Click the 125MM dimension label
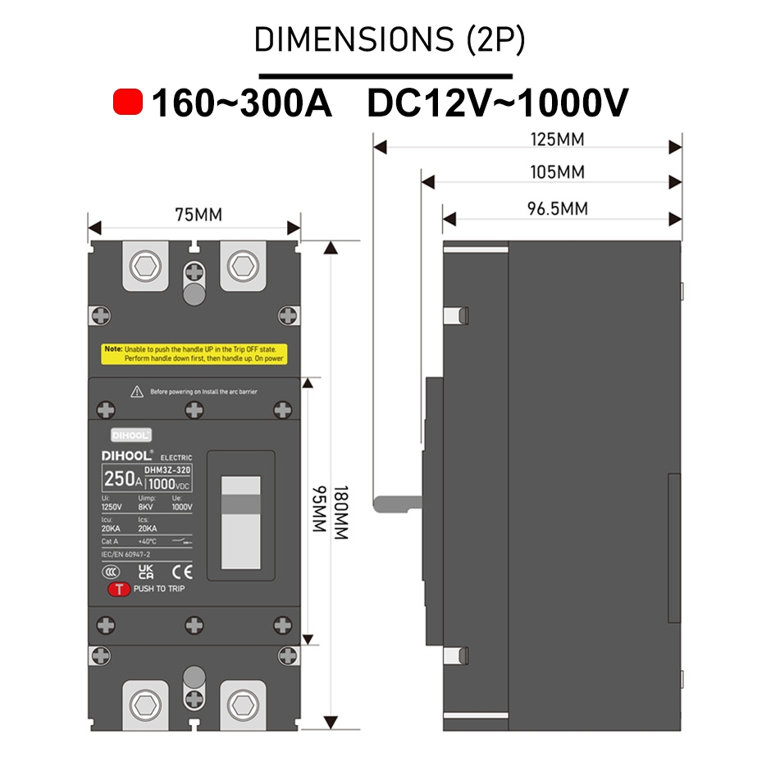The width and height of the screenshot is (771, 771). [x=558, y=139]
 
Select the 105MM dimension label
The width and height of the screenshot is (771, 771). [x=558, y=172]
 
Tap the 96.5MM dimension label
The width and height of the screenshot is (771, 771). [x=558, y=208]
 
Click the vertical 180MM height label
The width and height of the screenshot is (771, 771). [x=342, y=513]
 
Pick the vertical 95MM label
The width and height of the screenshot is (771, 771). [x=318, y=510]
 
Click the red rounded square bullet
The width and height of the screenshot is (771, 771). [x=128, y=103]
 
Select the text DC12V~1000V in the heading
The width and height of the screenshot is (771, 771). [x=497, y=103]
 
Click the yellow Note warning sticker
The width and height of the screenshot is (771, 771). [x=194, y=354]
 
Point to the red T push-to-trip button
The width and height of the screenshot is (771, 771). [x=119, y=589]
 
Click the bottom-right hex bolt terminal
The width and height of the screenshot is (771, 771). [x=242, y=705]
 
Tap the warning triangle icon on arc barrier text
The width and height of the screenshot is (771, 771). [x=137, y=392]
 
